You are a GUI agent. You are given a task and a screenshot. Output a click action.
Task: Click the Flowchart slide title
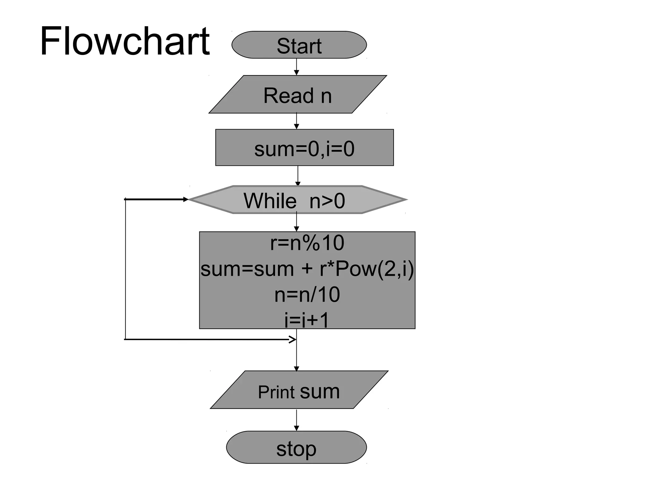pos(124,41)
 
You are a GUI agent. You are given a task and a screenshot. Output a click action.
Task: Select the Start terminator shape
pos(299,45)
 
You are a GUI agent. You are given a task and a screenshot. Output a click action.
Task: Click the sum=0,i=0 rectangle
pos(304,148)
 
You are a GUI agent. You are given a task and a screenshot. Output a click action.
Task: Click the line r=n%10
pos(307,243)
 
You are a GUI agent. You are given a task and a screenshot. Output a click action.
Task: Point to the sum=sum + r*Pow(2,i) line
pos(307,269)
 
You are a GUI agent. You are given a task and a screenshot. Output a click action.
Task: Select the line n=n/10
pos(307,295)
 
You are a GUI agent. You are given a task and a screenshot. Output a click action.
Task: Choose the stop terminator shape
pos(296,447)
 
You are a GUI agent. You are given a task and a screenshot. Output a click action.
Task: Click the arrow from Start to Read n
pos(296,67)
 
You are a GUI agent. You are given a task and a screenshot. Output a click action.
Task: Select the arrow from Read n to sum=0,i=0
pos(296,121)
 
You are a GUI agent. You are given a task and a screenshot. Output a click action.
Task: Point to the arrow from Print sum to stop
pos(296,420)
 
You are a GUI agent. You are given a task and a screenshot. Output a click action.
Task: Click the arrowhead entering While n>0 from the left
pos(185,200)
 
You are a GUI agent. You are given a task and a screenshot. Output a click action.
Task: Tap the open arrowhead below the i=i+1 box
pos(293,339)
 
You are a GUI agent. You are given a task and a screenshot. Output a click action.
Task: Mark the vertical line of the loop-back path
pos(125,268)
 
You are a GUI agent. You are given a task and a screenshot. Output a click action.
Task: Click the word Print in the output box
pos(276,392)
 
